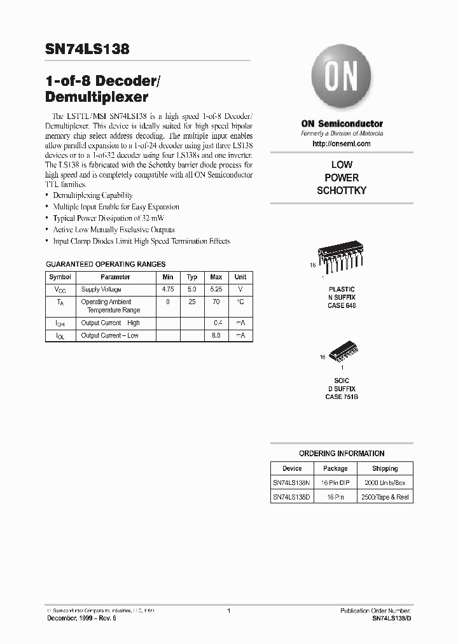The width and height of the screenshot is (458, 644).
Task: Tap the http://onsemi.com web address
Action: click(342, 144)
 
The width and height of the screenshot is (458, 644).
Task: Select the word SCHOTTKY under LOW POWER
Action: click(342, 190)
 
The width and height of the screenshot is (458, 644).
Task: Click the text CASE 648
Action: click(342, 305)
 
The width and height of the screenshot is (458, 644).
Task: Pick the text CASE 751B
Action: click(342, 396)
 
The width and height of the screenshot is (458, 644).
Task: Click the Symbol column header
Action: click(60, 277)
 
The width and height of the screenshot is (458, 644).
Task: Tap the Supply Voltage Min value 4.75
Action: click(168, 289)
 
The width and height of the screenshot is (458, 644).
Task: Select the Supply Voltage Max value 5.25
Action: click(216, 289)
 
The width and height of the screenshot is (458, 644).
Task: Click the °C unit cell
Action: click(240, 302)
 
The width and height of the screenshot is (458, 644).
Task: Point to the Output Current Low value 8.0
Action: click(216, 335)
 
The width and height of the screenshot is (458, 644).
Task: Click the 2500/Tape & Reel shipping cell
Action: click(385, 497)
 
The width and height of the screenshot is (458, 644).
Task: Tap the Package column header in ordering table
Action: click(335, 468)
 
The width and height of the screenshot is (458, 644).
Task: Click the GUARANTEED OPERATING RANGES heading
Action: click(106, 264)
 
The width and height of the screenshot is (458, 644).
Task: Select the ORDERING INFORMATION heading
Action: click(342, 454)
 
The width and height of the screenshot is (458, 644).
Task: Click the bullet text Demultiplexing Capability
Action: click(93, 195)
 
